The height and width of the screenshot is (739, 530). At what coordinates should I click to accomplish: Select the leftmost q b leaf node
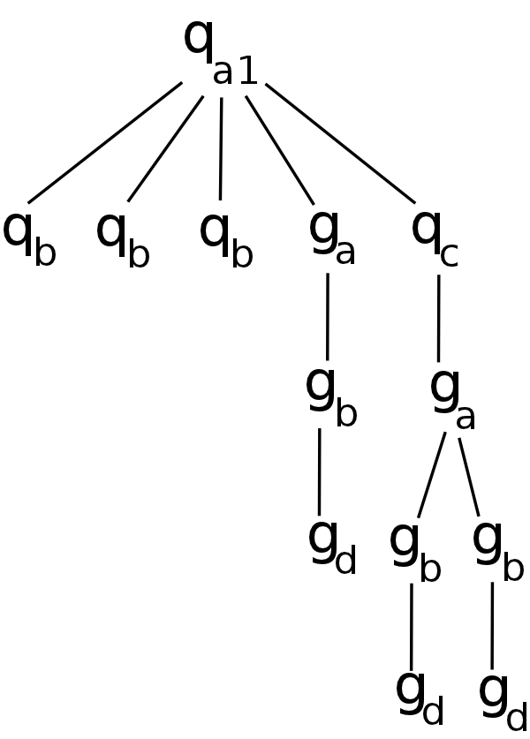(29, 237)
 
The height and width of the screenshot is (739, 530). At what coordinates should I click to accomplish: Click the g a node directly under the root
(332, 236)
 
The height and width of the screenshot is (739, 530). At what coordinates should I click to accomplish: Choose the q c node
(435, 237)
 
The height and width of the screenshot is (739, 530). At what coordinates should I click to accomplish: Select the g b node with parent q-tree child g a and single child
(330, 396)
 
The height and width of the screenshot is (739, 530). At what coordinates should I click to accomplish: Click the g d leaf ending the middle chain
(332, 547)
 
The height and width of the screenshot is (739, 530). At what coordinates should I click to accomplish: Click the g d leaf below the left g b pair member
(420, 698)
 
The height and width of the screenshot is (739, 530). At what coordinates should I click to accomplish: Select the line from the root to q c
(340, 143)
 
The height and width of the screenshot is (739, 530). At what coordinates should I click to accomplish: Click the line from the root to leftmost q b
(105, 143)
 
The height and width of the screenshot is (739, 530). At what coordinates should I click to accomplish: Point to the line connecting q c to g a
(438, 318)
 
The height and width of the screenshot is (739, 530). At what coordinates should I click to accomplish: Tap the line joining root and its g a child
(280, 150)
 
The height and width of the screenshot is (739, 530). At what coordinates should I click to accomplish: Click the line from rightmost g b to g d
(492, 625)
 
